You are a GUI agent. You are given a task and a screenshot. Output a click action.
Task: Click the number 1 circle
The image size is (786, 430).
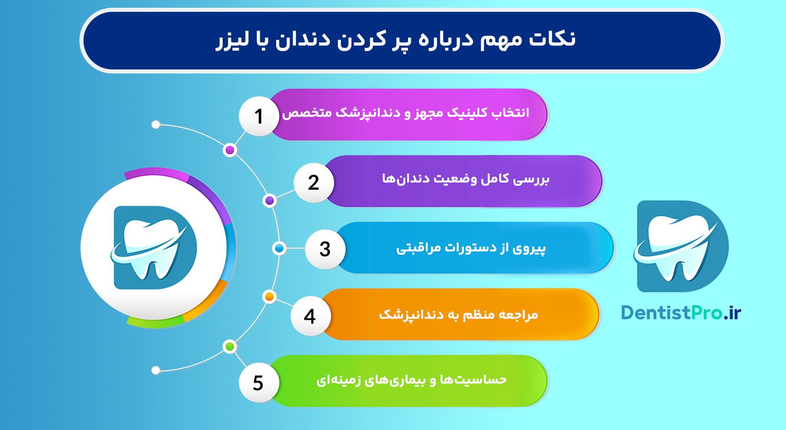(x=259, y=116)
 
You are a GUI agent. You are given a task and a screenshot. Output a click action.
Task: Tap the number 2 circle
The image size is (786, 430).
(x=314, y=183)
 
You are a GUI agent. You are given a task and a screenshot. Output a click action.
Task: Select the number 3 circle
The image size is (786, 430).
(x=325, y=249)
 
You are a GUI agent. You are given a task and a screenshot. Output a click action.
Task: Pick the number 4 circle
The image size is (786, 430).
(x=310, y=316)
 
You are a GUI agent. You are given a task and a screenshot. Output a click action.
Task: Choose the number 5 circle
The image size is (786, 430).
(x=258, y=383)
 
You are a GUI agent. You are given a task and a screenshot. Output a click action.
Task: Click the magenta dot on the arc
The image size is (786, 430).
(x=230, y=150)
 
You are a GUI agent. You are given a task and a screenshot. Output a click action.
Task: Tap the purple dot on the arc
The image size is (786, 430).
(x=270, y=200)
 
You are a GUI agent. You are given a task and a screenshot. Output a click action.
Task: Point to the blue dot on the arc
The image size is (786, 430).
(x=279, y=248)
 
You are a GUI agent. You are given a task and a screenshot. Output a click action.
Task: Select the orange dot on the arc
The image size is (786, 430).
(x=269, y=297)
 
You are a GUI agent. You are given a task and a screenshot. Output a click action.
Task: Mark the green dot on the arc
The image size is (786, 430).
(x=230, y=346)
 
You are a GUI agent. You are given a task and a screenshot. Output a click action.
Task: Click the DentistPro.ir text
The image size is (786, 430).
(x=681, y=313)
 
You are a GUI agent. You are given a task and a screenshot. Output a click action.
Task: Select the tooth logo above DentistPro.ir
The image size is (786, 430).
(x=681, y=246)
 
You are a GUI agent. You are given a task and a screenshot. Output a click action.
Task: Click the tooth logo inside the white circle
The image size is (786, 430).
(x=154, y=247)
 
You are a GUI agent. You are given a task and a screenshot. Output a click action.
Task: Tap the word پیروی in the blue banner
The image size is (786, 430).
(x=529, y=248)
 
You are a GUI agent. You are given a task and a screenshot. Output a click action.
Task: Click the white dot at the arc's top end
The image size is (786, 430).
(x=156, y=125)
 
